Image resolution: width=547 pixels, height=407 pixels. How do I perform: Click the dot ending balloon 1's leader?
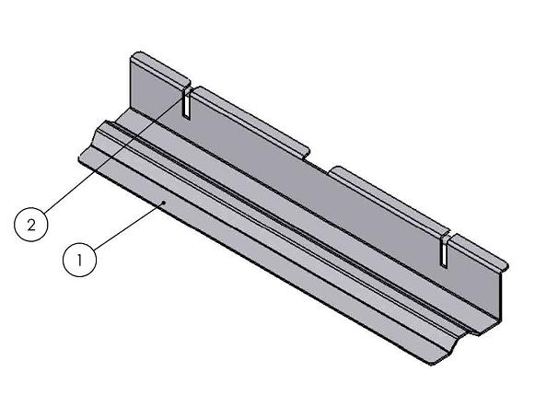pos(163,198)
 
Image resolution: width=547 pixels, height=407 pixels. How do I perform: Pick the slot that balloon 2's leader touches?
pos(186,103)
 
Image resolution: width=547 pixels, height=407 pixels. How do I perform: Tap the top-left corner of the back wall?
pos(131,58)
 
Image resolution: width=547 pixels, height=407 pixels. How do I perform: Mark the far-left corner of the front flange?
pos(78,160)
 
